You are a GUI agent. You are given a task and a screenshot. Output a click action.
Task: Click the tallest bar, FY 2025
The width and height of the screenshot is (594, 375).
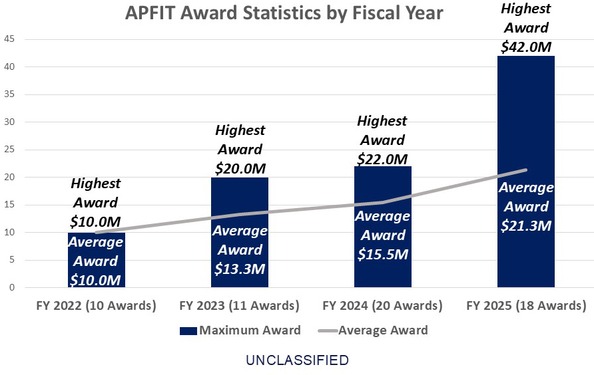[x=525, y=133]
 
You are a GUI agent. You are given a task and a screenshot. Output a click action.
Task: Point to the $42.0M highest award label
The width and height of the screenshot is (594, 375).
[x=525, y=47]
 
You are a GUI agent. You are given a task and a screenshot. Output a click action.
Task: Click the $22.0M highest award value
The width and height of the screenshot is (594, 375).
[x=382, y=159]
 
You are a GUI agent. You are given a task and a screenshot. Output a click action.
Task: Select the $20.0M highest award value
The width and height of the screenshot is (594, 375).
[x=240, y=169]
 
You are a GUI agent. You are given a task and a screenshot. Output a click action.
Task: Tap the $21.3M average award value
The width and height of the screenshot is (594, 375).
[x=525, y=225]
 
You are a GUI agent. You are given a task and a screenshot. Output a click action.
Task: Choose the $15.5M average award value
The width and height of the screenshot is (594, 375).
[x=382, y=254]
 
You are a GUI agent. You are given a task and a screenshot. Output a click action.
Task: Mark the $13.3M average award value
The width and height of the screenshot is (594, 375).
[x=240, y=269]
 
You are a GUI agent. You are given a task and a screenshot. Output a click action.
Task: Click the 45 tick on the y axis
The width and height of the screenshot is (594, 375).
[x=10, y=39]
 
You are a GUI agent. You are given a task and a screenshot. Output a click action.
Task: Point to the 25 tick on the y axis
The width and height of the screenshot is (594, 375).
[x=10, y=150]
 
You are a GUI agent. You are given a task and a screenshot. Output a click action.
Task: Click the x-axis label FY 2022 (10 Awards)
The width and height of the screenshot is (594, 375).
[x=96, y=306]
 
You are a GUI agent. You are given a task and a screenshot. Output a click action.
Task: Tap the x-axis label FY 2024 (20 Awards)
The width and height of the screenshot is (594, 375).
[x=382, y=306]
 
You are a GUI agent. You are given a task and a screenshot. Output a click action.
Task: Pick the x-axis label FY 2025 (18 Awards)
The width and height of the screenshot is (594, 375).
[x=525, y=306]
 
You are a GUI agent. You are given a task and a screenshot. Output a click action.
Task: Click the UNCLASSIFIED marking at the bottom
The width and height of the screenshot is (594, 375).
[x=297, y=360]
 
